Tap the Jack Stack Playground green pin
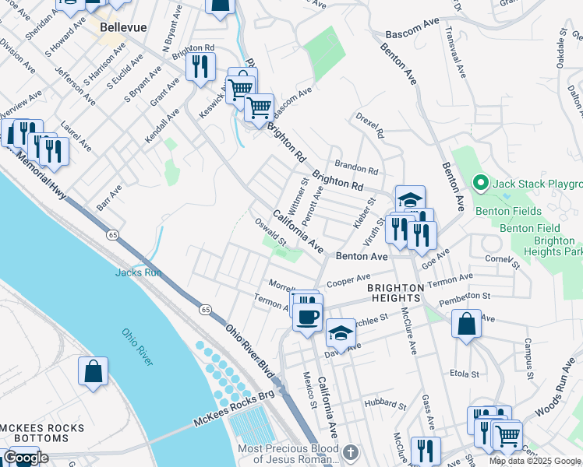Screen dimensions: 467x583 [x=481, y=184]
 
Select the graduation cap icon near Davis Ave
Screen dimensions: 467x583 [x=341, y=334]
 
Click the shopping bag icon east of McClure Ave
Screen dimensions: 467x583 [x=466, y=324]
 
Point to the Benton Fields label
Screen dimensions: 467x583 [x=510, y=211]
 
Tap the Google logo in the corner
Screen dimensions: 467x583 [x=26, y=458]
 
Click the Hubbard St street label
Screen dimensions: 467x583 [x=385, y=405]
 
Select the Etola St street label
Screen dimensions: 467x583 [x=464, y=374]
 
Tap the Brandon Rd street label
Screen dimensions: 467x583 [x=356, y=166]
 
